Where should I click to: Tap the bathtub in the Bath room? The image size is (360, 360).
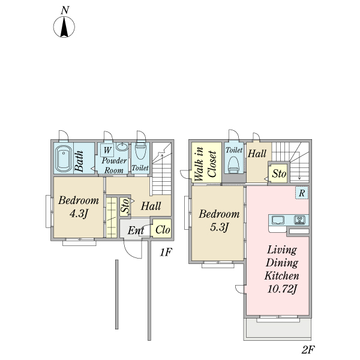click(63, 158)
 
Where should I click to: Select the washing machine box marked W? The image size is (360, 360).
click(107, 150)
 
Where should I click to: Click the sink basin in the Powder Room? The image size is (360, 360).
click(122, 146)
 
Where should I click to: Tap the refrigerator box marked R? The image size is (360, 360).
click(302, 193)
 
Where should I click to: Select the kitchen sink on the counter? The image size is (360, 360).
click(278, 220)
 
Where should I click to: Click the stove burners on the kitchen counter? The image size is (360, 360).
click(300, 220)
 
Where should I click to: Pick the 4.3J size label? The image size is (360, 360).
click(79, 214)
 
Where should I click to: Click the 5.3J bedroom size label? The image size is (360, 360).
click(219, 227)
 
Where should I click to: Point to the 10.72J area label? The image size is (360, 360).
click(282, 289)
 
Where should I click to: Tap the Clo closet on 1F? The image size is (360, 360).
click(162, 229)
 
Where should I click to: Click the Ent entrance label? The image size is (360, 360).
click(136, 230)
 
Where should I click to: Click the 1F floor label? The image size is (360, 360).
click(166, 253)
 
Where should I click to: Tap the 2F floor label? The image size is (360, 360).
click(308, 350)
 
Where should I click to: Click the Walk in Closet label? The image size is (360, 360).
click(205, 163)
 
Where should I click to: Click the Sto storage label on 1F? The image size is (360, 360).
click(125, 206)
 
